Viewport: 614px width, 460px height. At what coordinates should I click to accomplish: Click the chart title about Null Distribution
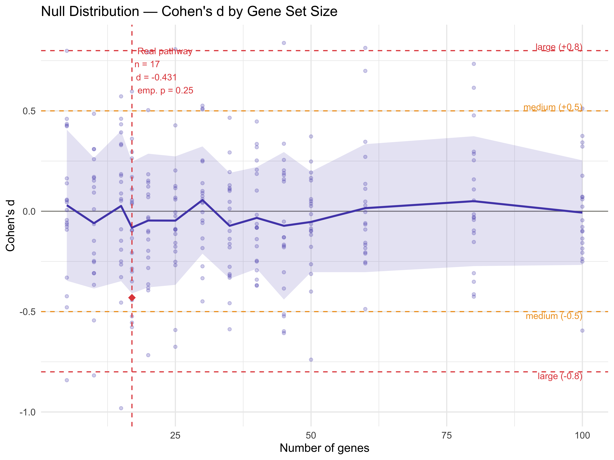189,12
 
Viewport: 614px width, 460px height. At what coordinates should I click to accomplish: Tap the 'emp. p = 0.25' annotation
165,91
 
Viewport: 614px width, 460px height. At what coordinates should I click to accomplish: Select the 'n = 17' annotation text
147,64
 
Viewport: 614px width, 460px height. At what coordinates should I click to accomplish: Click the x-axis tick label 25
175,436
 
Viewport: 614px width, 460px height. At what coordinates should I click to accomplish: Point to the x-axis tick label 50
311,436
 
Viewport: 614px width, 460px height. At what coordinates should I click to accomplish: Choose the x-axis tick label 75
447,436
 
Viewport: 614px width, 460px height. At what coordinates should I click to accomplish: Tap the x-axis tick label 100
582,436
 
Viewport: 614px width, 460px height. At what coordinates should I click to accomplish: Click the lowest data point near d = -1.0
121,408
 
